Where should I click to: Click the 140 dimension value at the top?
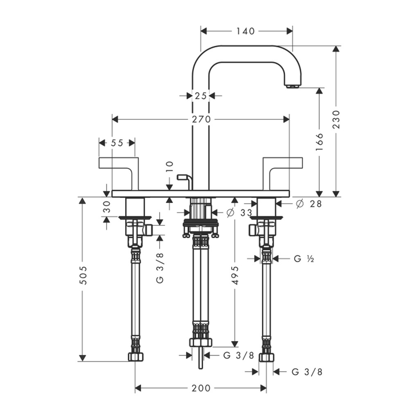tap(246, 31)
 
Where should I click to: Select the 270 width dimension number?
tap(201, 119)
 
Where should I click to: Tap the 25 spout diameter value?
tap(200, 95)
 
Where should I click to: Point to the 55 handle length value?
tap(117, 143)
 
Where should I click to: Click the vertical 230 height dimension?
tap(336, 119)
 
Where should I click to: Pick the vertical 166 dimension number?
tap(319, 142)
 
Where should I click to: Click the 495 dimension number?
tap(234, 275)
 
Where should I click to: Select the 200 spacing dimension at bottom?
tap(201, 388)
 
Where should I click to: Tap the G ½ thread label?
tap(304, 259)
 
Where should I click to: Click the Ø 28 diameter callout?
tap(309, 204)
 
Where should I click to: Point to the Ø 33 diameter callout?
tap(239, 213)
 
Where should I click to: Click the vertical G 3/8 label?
tap(160, 268)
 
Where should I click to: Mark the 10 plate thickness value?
tap(170, 167)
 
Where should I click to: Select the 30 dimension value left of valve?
tap(107, 207)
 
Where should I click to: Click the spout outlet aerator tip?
tap(292, 86)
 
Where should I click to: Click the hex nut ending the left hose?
tap(136, 357)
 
